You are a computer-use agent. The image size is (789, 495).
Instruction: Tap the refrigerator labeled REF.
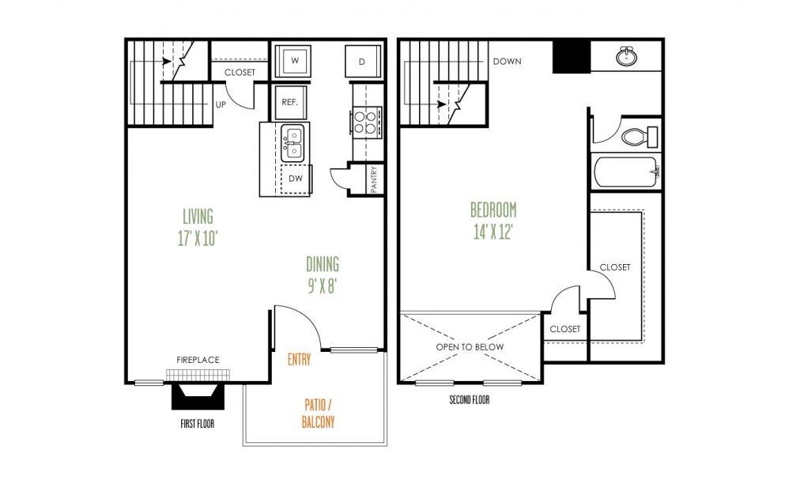click(x=289, y=102)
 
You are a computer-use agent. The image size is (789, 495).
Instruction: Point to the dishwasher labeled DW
click(x=296, y=179)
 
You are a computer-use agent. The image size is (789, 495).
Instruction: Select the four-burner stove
click(x=366, y=122)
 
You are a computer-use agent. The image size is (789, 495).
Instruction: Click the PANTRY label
click(x=373, y=178)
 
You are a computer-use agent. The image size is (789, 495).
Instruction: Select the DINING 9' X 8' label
click(x=322, y=274)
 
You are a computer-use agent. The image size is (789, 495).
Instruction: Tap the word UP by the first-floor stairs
click(x=222, y=103)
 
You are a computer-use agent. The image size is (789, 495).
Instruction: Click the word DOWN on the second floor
click(x=507, y=62)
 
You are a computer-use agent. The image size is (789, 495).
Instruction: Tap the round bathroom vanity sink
click(x=629, y=56)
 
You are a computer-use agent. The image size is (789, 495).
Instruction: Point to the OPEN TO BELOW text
click(x=470, y=347)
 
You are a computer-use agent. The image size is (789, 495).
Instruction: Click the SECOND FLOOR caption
click(x=469, y=400)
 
